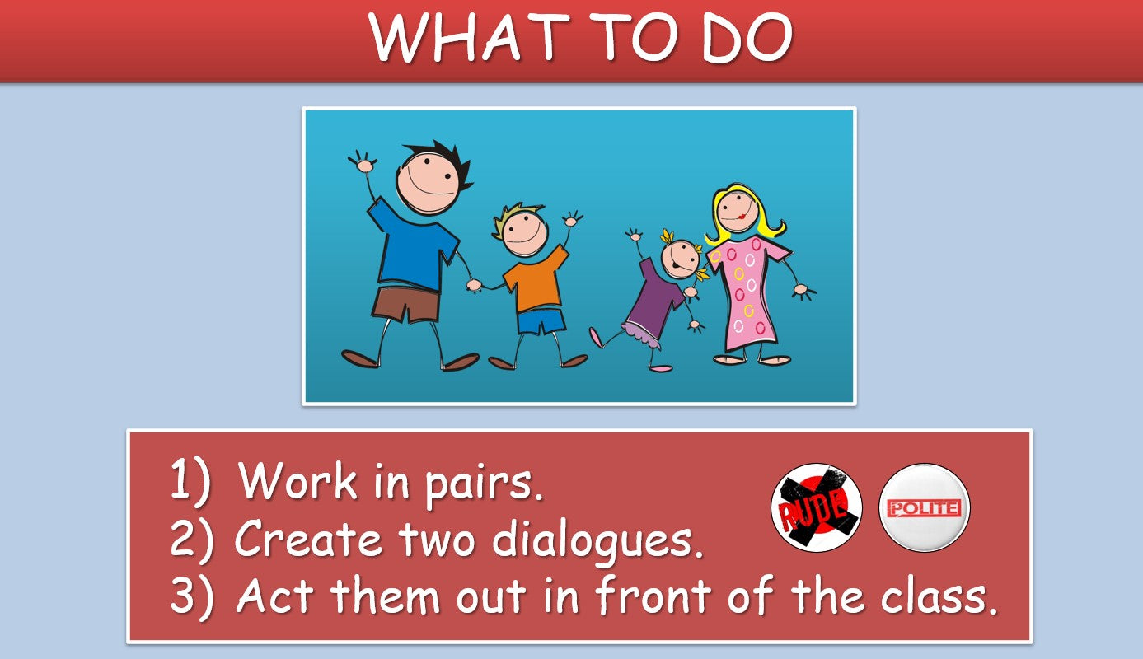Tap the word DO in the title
(747, 37)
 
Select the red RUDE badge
(817, 507)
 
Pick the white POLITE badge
(925, 507)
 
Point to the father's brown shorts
(406, 305)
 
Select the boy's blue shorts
(541, 321)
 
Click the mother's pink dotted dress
(748, 293)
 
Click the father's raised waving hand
(363, 162)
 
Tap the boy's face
(525, 234)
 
